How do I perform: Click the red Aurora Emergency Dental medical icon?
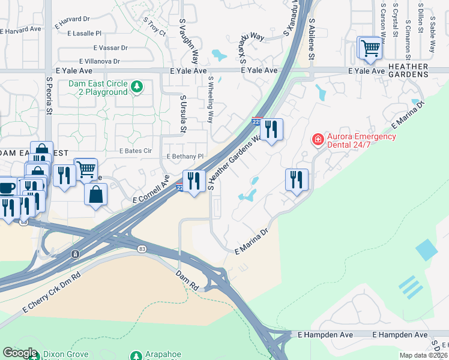(x=317, y=140)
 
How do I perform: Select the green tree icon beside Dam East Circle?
(x=137, y=88)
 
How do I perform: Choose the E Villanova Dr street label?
(x=100, y=61)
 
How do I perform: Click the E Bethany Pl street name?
(x=185, y=156)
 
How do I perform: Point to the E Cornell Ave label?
(x=151, y=189)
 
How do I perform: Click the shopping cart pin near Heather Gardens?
(x=370, y=47)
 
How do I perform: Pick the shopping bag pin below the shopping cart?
(x=95, y=194)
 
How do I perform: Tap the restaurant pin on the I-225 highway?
(x=193, y=181)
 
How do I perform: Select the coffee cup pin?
(x=7, y=188)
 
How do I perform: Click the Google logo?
(x=20, y=353)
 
